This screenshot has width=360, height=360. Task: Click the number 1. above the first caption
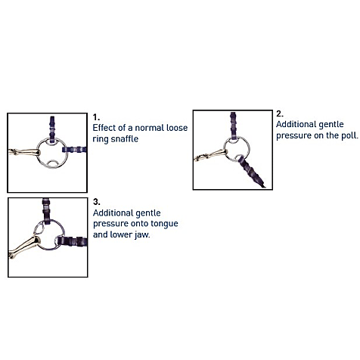pos(96,117)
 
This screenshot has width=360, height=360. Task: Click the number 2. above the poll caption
pos(280,114)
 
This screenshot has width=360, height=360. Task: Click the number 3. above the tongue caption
pos(97,202)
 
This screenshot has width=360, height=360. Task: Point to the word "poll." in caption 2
pos(349,135)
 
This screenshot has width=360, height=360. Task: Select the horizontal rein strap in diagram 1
pos(74,150)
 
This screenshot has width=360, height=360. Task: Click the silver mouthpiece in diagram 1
pos(24,152)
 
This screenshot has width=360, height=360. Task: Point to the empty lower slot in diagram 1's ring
pos(53,164)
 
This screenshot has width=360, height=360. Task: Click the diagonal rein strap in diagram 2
pos(250,171)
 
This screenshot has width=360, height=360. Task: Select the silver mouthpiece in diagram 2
pos(211,155)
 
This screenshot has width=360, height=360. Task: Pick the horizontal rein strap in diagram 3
pos(72,241)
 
